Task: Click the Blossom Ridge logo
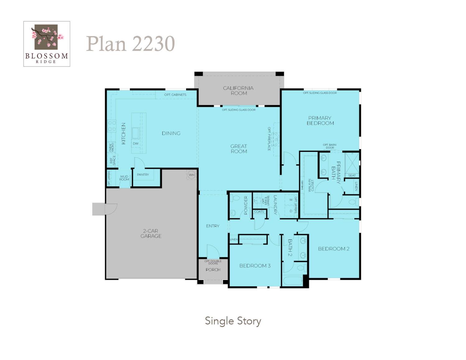tap(47, 43)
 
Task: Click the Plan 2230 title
tap(130, 43)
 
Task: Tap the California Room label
tap(238, 90)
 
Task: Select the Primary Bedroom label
tap(320, 121)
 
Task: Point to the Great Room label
tap(239, 149)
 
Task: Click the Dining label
tap(171, 133)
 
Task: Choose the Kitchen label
tap(123, 134)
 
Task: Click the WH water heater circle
tap(192, 175)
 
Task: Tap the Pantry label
tap(143, 175)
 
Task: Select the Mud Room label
tap(124, 178)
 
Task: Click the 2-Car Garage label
tap(151, 234)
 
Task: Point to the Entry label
tap(212, 226)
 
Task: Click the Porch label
tap(213, 270)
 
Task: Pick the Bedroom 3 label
tap(255, 266)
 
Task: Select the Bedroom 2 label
tap(334, 249)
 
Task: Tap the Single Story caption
tap(233, 321)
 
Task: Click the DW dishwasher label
tap(136, 144)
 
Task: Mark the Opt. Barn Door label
tap(329, 146)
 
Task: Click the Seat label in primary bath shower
tap(352, 175)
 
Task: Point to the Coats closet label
tap(259, 212)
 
